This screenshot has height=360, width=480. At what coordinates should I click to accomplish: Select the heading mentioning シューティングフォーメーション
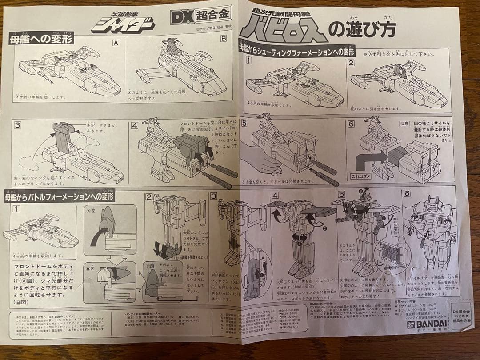click(x=297, y=49)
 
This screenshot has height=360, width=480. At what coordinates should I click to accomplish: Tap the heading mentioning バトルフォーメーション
click(x=60, y=196)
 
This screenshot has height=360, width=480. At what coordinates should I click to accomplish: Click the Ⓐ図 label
click(x=89, y=212)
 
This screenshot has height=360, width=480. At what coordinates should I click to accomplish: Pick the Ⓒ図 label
click(x=151, y=267)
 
